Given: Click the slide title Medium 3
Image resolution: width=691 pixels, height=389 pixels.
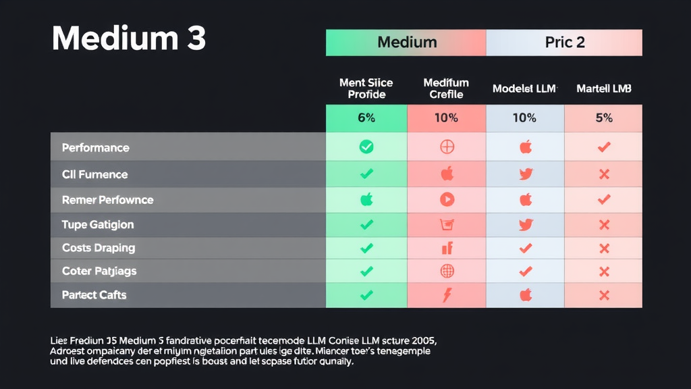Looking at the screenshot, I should (128, 39).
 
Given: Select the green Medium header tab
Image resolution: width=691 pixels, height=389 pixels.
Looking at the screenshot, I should (406, 43).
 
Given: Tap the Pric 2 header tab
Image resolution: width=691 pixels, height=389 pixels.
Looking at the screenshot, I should (564, 43).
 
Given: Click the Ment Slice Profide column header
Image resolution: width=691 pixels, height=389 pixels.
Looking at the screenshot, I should (366, 88).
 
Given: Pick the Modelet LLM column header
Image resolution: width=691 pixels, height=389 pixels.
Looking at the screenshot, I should (524, 89).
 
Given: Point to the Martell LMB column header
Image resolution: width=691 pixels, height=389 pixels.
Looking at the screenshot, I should (603, 89).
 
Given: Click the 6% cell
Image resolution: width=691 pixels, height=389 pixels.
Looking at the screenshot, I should (366, 118).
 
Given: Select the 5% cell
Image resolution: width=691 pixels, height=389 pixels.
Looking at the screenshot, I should (603, 118).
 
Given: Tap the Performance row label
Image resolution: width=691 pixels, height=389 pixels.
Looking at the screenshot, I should (95, 147).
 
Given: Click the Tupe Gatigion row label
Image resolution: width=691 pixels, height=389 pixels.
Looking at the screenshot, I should (97, 224).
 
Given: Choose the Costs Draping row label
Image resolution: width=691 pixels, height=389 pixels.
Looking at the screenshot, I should (98, 248).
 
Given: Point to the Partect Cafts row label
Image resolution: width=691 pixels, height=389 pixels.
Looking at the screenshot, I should (94, 295).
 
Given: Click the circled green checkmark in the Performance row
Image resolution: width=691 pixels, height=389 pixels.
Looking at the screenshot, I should (366, 147).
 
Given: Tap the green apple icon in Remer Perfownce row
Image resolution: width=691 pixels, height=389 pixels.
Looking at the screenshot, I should (366, 199).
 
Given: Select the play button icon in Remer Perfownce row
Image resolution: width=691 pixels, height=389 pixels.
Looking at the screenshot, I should (447, 199).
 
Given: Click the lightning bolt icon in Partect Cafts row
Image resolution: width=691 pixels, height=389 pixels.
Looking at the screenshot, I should (447, 294).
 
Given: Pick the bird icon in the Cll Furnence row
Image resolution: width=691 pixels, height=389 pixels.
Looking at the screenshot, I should (526, 174).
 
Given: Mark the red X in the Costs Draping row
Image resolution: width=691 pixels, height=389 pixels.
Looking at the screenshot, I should (604, 249).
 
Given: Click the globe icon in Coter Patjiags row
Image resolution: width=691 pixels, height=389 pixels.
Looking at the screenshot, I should (447, 271).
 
